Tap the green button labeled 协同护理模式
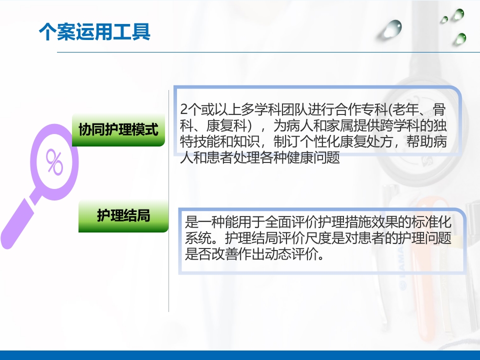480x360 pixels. (x=118, y=130)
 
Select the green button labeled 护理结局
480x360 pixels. (x=123, y=216)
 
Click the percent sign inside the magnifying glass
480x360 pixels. (x=54, y=161)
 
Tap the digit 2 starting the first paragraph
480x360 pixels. (x=184, y=109)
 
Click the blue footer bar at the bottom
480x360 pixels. (x=240, y=355)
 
